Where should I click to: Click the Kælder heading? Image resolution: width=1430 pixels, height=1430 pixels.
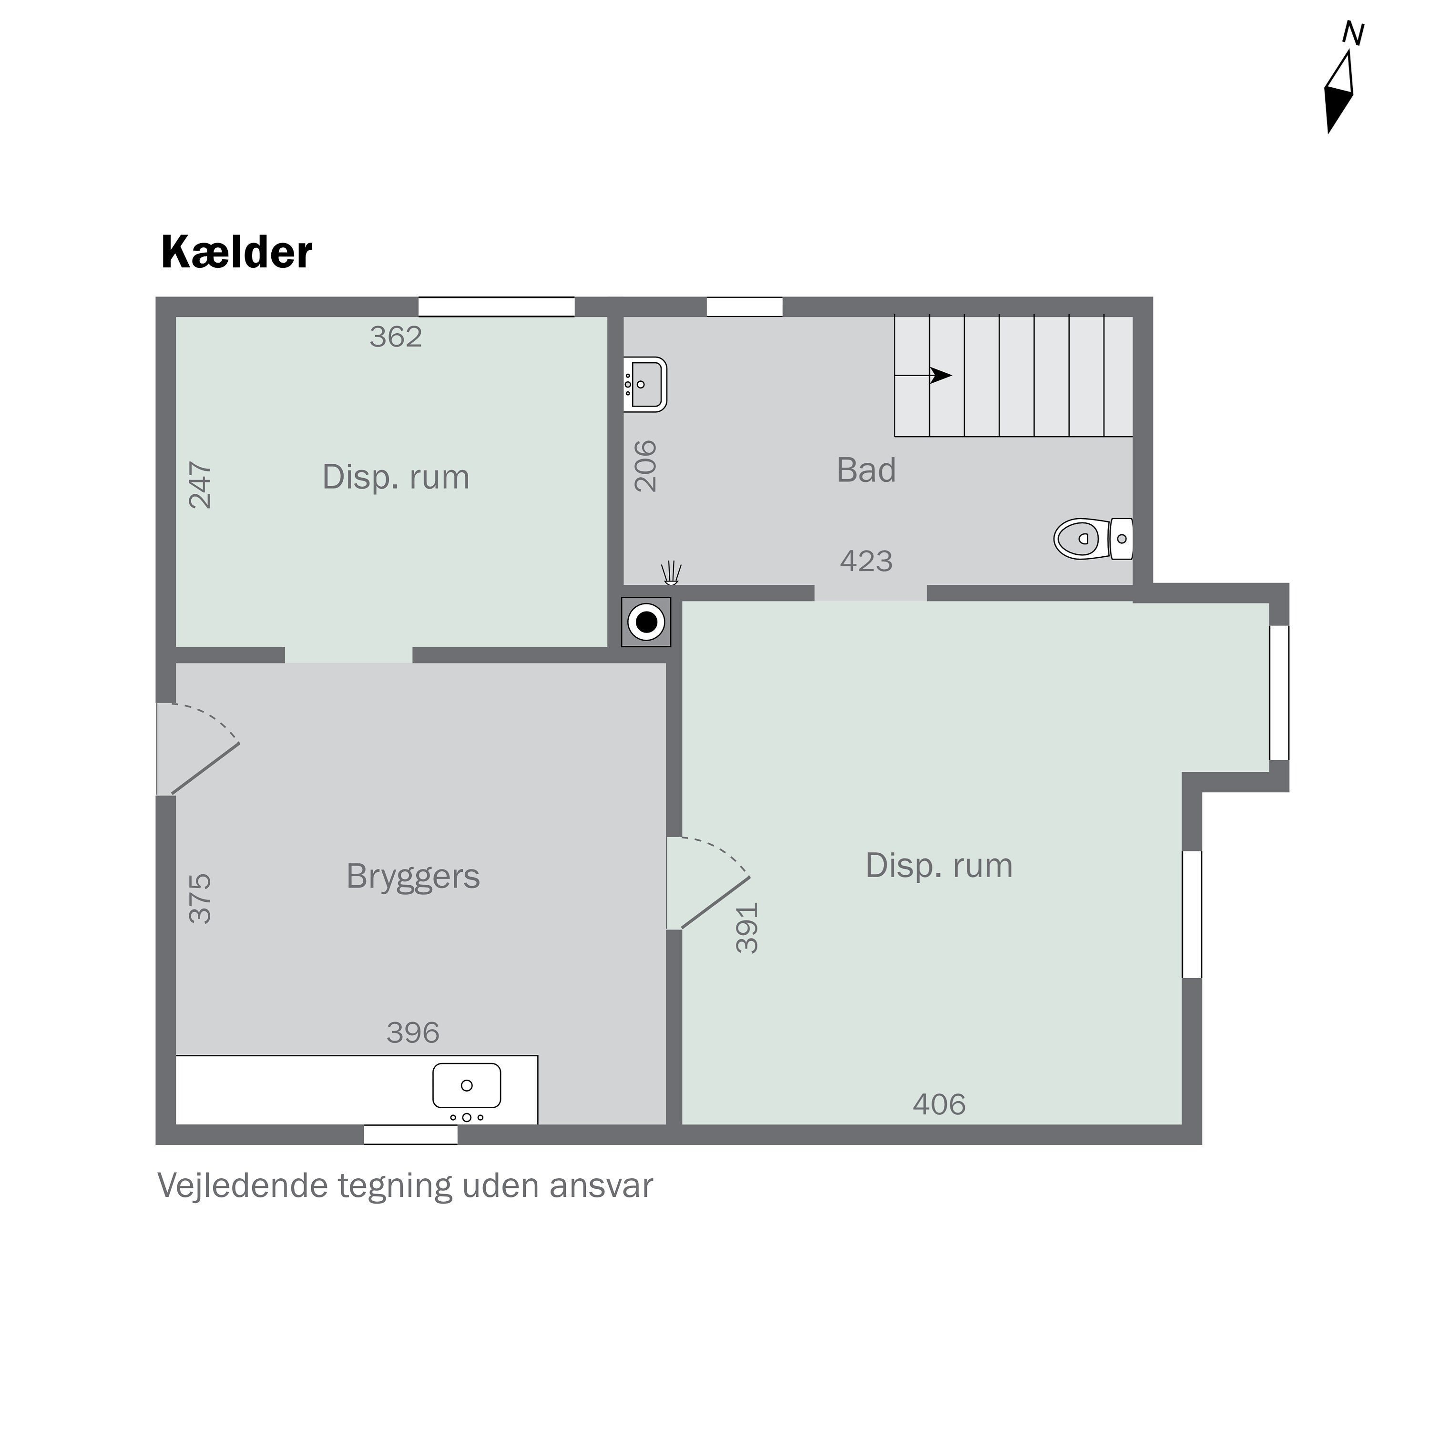click(x=236, y=253)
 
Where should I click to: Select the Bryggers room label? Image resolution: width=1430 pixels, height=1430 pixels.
click(x=413, y=877)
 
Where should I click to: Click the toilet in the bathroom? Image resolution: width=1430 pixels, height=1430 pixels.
click(x=1092, y=539)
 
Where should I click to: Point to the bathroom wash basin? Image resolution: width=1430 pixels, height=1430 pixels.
click(x=644, y=384)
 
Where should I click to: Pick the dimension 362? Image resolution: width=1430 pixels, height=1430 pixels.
click(x=396, y=337)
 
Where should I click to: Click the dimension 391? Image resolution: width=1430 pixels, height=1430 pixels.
click(x=747, y=928)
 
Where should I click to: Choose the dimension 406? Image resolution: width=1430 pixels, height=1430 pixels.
click(x=939, y=1105)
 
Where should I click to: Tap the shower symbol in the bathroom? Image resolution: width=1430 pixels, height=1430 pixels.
click(x=671, y=572)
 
